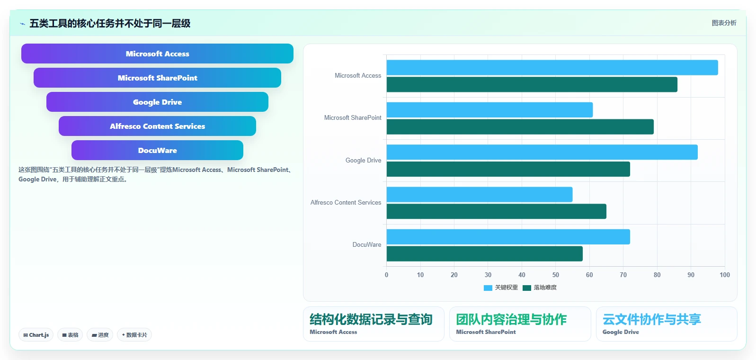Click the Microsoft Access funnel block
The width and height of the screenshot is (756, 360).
[x=157, y=54]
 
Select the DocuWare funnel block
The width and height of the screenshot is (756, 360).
[x=157, y=150]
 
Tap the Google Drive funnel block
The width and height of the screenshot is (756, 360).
[x=157, y=102]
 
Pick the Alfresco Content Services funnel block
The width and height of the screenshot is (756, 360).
[x=157, y=126]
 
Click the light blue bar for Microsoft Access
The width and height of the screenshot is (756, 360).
[x=552, y=68]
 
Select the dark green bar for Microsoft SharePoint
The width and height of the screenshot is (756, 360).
[x=520, y=126]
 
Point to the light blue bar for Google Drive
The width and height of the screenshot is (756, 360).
[x=542, y=152]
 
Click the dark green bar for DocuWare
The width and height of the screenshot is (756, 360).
[x=484, y=253]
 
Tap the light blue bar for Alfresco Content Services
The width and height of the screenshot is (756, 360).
[x=479, y=195]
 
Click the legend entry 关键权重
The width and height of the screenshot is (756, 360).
[x=501, y=288]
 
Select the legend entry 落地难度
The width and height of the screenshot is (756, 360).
[x=540, y=288]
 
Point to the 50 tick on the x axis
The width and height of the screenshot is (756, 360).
[x=556, y=275]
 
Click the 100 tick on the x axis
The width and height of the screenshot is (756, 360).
[x=725, y=275]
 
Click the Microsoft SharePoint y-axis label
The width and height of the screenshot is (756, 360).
[x=353, y=117]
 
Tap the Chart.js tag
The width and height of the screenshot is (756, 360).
[x=36, y=335]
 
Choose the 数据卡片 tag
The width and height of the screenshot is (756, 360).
[x=134, y=335]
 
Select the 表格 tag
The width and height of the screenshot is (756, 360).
[x=70, y=335]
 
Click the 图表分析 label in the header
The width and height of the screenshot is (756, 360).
[x=724, y=23]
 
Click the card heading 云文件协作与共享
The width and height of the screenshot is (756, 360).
[x=652, y=319]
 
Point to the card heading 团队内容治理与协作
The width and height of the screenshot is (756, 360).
[x=511, y=319]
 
